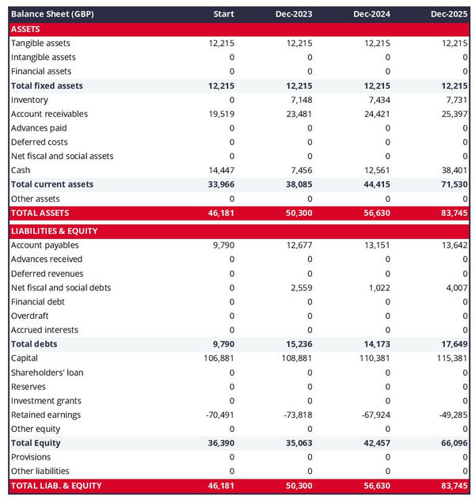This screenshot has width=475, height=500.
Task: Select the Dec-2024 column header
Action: pyautogui.click(x=372, y=14)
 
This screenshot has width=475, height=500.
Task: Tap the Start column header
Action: pyautogui.click(x=224, y=14)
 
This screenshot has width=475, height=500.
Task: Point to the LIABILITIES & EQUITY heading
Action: pyautogui.click(x=55, y=231)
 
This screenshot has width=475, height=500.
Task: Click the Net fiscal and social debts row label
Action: pyautogui.click(x=61, y=288)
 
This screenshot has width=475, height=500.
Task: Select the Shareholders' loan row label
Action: pyautogui.click(x=47, y=373)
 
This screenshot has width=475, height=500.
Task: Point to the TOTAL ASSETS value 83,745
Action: pyautogui.click(x=454, y=213)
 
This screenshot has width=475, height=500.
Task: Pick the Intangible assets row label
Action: pyautogui.click(x=44, y=57)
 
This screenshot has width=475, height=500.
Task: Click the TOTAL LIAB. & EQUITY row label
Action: pyautogui.click(x=56, y=485)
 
